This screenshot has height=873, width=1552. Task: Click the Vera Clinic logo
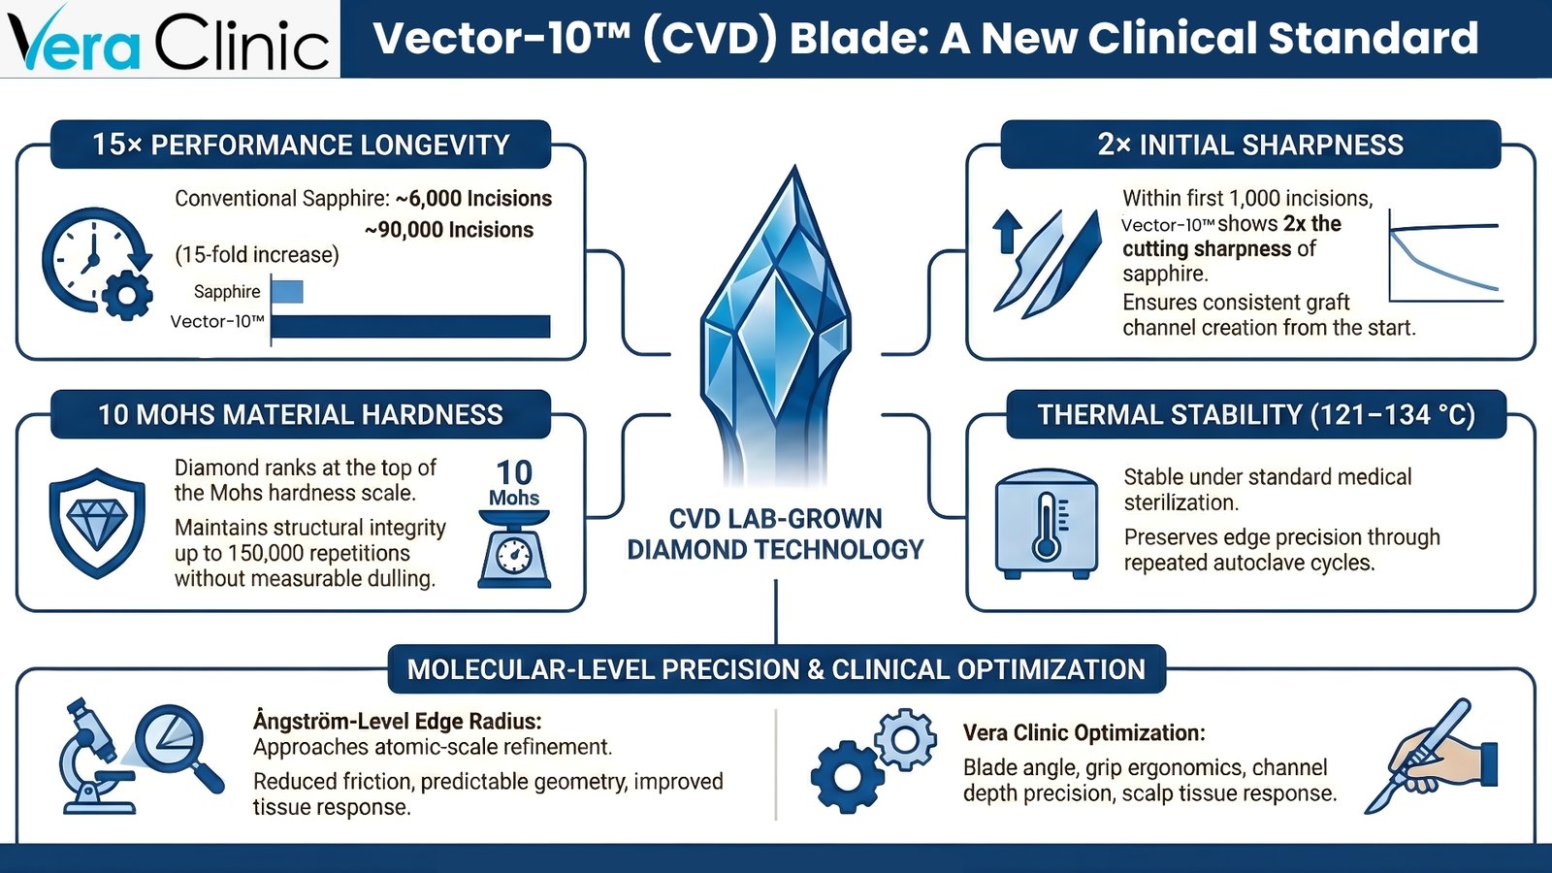(169, 39)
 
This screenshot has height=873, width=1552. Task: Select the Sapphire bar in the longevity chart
(287, 292)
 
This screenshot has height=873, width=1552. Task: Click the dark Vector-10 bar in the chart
(411, 326)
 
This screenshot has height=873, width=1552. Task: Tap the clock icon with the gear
(97, 263)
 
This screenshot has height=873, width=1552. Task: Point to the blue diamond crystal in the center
(775, 326)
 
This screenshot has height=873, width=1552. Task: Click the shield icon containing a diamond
(98, 523)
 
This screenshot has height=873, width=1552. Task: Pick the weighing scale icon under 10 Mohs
(514, 549)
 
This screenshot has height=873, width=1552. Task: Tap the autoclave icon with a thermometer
(1047, 524)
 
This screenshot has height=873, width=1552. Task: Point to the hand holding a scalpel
(1431, 756)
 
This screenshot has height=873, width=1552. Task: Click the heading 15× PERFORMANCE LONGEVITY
(301, 145)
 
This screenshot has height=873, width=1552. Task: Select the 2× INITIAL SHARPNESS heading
(1250, 145)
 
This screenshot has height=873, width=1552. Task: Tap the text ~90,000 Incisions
(449, 229)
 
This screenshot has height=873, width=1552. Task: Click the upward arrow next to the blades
(1007, 232)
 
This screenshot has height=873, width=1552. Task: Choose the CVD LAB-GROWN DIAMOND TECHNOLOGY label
(775, 534)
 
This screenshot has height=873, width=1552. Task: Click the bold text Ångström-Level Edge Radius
(397, 722)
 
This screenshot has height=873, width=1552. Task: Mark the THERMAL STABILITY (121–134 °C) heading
(1256, 415)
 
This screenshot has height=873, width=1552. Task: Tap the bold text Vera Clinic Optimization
(1084, 732)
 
